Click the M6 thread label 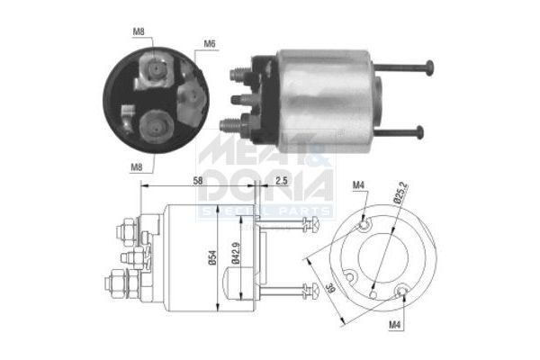pyautogui.click(x=209, y=43)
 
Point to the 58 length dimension pyautogui.click(x=198, y=181)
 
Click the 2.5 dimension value pyautogui.click(x=282, y=181)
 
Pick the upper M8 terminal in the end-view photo pyautogui.click(x=154, y=67)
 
